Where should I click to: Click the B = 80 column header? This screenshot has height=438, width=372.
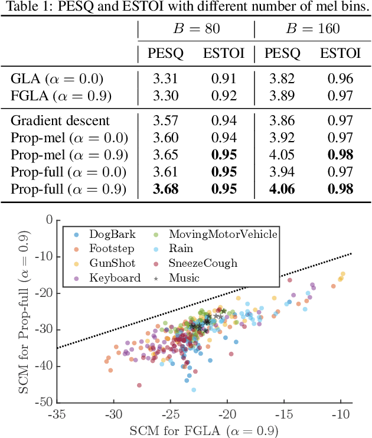point(196,28)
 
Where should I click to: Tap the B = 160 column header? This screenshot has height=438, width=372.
point(310,28)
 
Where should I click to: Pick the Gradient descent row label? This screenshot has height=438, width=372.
point(60,121)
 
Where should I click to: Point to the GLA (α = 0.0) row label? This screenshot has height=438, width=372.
point(57,79)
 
